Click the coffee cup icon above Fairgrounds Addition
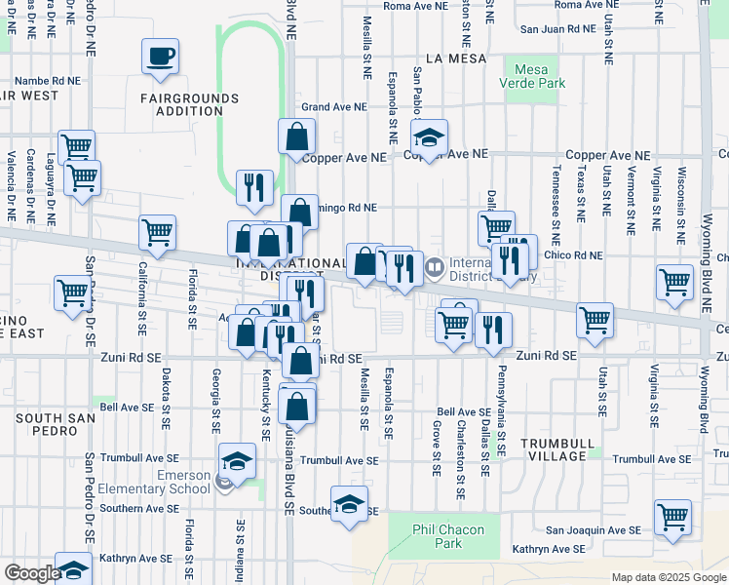161,56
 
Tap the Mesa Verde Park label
532,77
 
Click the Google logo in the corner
31,573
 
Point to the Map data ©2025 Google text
668,577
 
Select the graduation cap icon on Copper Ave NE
428,136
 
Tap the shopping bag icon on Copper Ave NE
296,136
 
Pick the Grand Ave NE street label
334,106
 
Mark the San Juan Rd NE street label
556,29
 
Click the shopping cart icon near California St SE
157,232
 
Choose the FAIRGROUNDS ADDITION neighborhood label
181,104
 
